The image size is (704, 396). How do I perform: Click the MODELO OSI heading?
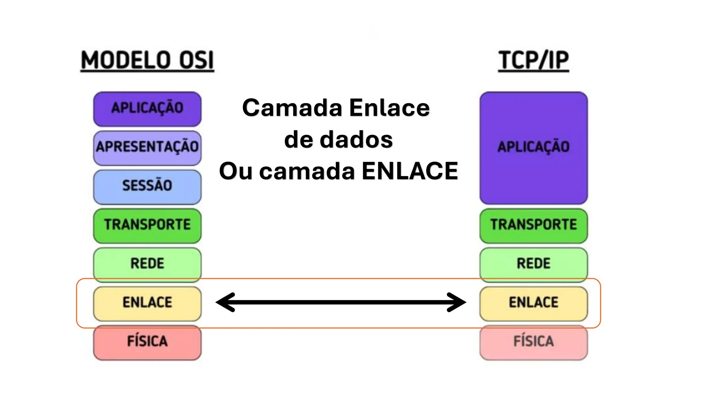pyautogui.click(x=147, y=60)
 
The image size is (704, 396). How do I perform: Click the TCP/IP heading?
pyautogui.click(x=533, y=60)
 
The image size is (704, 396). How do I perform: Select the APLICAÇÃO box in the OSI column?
pyautogui.click(x=147, y=109)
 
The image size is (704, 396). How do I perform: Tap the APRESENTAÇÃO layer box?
pyautogui.click(x=147, y=147)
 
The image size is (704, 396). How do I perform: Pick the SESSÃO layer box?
pyautogui.click(x=147, y=186)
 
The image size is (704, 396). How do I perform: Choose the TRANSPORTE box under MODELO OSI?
pyautogui.click(x=147, y=225)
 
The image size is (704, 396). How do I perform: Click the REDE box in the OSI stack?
pyautogui.click(x=147, y=264)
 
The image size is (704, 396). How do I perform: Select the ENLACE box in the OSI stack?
pyautogui.click(x=147, y=303)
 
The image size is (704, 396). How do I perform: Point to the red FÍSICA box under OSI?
pyautogui.click(x=147, y=342)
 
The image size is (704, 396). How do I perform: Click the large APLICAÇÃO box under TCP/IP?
pyautogui.click(x=533, y=148)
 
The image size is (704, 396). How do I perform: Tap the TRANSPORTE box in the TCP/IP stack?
pyautogui.click(x=533, y=225)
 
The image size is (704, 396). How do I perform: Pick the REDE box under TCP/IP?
pyautogui.click(x=533, y=264)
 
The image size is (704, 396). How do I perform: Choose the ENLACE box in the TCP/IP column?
pyautogui.click(x=533, y=303)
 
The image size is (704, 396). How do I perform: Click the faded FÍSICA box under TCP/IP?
pyautogui.click(x=533, y=342)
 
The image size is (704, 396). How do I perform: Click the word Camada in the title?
pyautogui.click(x=292, y=108)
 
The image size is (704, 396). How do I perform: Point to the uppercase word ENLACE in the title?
pyautogui.click(x=410, y=171)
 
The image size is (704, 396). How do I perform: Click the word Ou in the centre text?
pyautogui.click(x=236, y=171)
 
